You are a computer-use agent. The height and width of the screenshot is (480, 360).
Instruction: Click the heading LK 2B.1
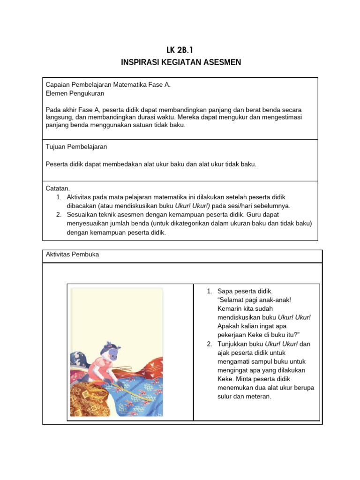[x=180, y=50]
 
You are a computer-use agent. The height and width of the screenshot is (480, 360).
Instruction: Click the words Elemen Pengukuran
[x=75, y=93]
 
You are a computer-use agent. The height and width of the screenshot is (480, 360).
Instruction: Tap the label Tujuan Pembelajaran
[x=76, y=147]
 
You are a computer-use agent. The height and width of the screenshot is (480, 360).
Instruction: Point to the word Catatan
[x=58, y=188]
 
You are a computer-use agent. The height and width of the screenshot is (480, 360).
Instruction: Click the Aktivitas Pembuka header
[x=72, y=255]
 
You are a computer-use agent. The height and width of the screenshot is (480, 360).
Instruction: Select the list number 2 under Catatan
[x=59, y=215]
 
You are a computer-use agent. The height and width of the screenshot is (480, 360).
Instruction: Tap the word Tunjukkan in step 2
[x=233, y=344]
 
